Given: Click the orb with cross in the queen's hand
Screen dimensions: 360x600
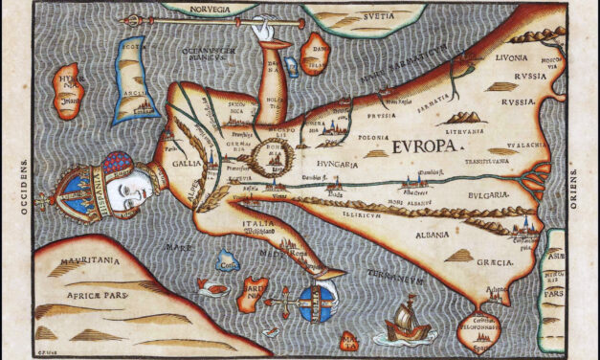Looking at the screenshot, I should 312,299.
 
